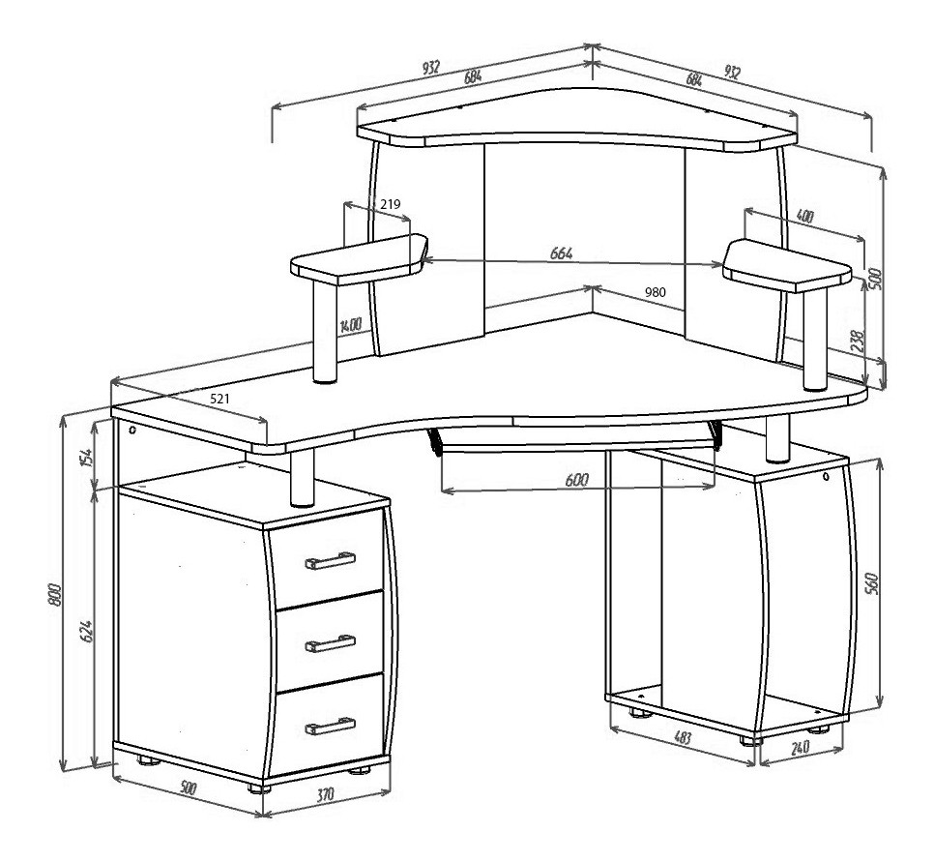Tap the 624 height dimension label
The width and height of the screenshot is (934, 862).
tap(86, 632)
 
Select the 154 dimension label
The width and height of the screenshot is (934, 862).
tap(87, 458)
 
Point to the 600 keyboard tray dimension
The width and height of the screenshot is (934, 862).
tap(576, 480)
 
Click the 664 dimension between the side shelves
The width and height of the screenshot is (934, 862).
tap(561, 253)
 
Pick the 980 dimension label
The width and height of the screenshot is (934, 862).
tap(656, 292)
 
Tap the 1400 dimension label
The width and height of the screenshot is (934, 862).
tap(351, 325)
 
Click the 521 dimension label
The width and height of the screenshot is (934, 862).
tap(219, 399)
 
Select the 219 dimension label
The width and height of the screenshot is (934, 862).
tap(391, 204)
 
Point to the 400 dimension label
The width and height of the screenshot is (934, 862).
tap(804, 216)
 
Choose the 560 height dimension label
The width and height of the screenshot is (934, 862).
tap(871, 583)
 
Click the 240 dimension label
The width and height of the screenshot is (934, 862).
tap(800, 746)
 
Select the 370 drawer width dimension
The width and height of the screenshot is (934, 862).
tap(325, 794)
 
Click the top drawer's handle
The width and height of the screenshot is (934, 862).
tap(330, 560)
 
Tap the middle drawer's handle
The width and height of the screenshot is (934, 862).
tap(330, 643)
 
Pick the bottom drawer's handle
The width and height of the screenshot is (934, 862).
tap(330, 726)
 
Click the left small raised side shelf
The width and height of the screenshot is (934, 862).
tap(359, 259)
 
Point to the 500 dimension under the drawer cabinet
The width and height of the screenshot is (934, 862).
tap(188, 788)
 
